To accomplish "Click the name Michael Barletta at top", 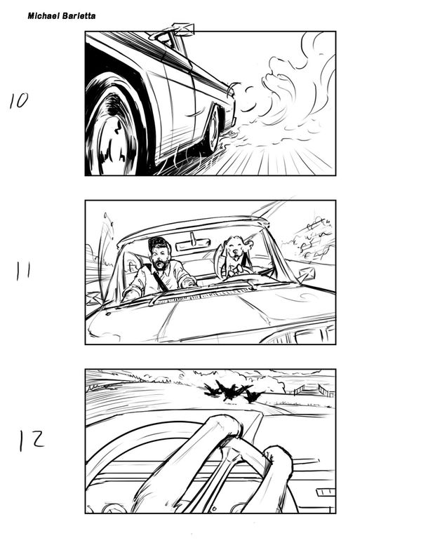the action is click(x=62, y=16).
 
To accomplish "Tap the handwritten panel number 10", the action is click(x=19, y=101).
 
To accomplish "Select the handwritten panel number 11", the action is click(x=23, y=271).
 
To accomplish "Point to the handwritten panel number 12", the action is click(x=32, y=440).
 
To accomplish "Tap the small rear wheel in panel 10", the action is click(x=213, y=128).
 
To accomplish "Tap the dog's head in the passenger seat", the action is click(x=236, y=248).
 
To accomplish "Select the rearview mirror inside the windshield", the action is click(x=193, y=244).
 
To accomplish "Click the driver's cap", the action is click(x=158, y=243).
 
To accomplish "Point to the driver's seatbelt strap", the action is click(x=160, y=280).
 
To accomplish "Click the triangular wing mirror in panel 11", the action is click(x=306, y=274).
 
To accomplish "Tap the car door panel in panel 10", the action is click(x=178, y=105).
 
